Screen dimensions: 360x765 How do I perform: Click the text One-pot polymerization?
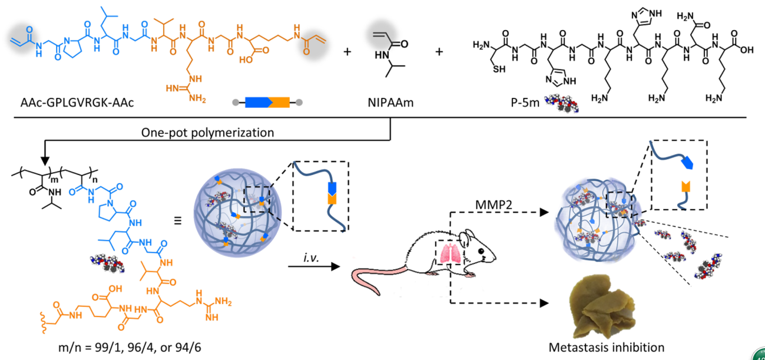click(208, 133)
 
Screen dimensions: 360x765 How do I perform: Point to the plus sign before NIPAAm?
click(347, 51)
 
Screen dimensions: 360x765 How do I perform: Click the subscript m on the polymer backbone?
click(57, 179)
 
